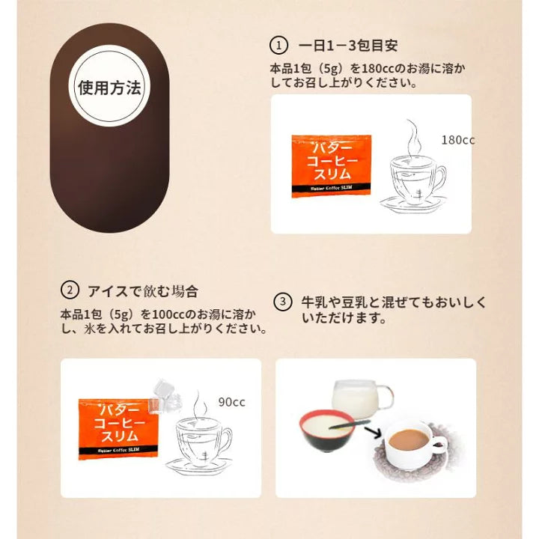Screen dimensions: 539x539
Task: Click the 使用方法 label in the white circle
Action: point(109,88)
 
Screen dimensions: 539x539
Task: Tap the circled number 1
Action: point(278,46)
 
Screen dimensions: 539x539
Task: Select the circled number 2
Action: point(70,290)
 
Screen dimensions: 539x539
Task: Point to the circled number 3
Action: point(282,302)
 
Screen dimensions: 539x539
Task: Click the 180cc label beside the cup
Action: point(458,140)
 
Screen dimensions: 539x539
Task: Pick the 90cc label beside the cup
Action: point(231,402)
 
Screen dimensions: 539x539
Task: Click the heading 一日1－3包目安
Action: point(348,46)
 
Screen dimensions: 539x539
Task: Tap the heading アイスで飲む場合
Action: point(143,291)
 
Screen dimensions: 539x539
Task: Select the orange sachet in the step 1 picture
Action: point(332,166)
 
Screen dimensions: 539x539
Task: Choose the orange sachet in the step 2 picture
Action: point(118,428)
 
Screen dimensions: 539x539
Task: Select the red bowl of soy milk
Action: point(326,430)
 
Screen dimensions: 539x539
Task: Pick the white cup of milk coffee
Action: point(412,444)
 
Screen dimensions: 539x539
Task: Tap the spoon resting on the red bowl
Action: point(350,424)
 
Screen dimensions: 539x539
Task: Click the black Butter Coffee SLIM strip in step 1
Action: point(332,188)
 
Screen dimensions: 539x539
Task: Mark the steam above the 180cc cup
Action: point(413,138)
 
